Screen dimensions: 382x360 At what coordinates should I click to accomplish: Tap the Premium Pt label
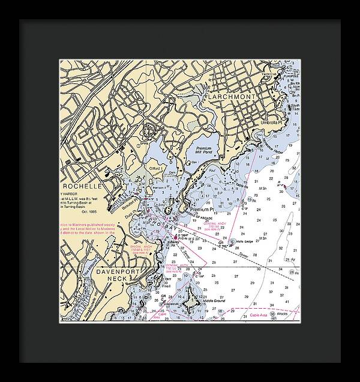203,209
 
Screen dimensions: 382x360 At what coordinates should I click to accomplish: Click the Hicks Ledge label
245,243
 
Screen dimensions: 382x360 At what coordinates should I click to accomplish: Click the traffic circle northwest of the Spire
140,112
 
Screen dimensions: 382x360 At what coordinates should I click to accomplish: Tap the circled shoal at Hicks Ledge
232,243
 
